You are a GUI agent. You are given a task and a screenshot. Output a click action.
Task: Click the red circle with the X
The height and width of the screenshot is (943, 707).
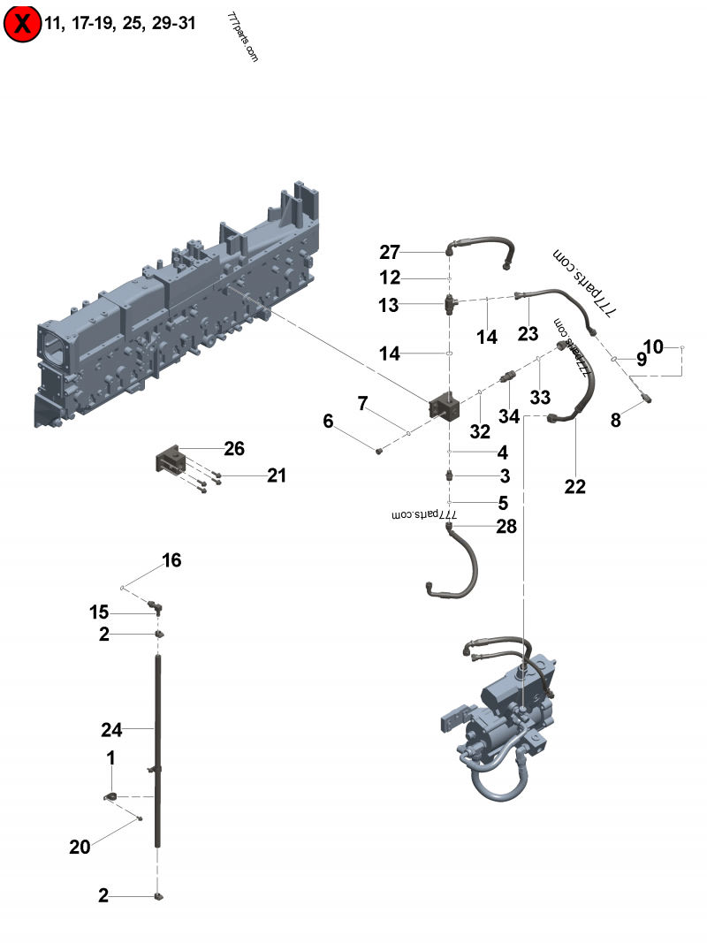tap(22, 24)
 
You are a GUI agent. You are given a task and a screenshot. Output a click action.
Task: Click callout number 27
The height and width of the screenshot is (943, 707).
tap(390, 252)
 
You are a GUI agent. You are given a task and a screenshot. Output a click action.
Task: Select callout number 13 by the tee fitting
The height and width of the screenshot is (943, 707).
tap(390, 305)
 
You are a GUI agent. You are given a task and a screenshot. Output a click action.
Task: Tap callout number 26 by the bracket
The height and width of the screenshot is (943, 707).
tap(233, 449)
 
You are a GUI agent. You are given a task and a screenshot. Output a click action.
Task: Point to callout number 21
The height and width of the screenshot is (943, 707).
tap(277, 476)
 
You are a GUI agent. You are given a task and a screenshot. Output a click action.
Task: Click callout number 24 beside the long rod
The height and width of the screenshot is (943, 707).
tap(110, 730)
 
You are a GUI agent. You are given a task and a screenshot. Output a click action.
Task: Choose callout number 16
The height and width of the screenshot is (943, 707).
tap(171, 560)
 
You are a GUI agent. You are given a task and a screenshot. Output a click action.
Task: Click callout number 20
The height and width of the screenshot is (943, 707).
tap(80, 847)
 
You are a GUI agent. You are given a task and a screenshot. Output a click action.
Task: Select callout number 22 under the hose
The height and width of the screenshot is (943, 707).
tap(574, 486)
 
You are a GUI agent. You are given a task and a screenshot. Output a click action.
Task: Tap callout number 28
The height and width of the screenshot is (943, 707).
tap(506, 528)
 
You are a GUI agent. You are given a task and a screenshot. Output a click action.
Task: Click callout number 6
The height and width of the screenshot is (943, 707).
tap(328, 422)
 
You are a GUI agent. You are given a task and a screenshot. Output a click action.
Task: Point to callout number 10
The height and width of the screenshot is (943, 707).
tap(653, 347)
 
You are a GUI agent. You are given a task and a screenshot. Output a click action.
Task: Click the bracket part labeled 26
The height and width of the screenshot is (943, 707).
tap(172, 463)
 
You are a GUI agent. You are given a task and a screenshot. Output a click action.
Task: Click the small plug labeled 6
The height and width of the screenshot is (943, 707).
tap(379, 451)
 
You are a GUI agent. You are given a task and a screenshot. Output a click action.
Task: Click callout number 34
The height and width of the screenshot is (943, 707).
tap(508, 415)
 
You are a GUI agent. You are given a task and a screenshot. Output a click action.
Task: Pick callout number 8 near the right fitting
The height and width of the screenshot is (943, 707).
tap(616, 421)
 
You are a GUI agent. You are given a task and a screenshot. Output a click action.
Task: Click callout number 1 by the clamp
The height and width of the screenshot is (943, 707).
tap(110, 757)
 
